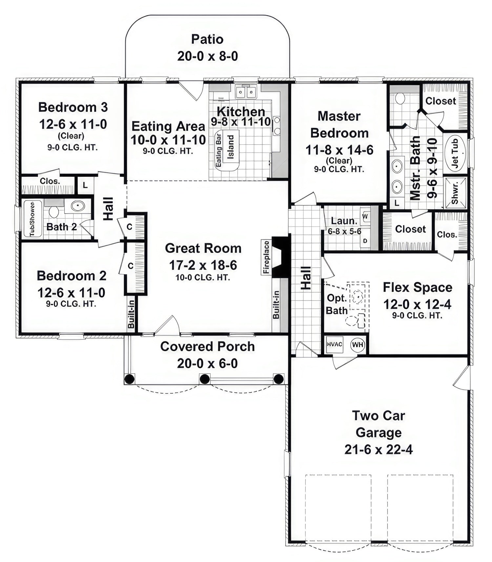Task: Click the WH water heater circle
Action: point(358,344)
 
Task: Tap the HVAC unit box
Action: point(335,344)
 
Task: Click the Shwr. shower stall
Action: point(455,193)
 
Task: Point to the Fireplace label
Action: point(266,257)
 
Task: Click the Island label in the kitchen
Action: point(231,147)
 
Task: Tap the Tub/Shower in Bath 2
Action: point(33,219)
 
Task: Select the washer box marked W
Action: point(365,217)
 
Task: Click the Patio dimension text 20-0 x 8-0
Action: point(207,56)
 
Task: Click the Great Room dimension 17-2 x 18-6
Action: point(203,265)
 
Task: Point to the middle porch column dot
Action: point(204,379)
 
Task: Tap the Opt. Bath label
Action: point(337,304)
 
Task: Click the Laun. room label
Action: point(344,221)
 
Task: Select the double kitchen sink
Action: point(246,92)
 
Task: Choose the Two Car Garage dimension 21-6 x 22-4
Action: point(379,449)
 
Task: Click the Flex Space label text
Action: point(417,287)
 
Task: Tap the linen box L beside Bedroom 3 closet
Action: point(85,185)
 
